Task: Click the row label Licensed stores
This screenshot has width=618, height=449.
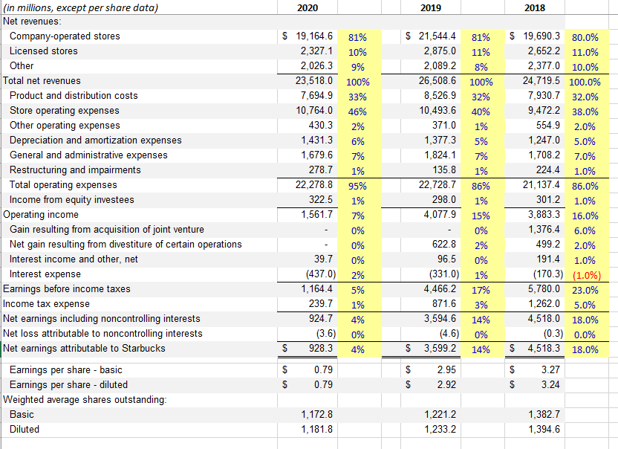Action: pos(43,51)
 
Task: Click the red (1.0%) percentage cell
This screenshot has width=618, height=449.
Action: pos(586,274)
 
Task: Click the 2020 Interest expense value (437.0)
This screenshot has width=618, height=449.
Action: pos(314,274)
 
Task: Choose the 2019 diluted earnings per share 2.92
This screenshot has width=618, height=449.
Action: pos(447,385)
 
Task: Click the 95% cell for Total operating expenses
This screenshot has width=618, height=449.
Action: pos(357,185)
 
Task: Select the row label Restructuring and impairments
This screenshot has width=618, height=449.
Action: pos(75,170)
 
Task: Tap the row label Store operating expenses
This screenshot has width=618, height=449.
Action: pos(64,111)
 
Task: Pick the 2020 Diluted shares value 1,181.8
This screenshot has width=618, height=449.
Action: pos(315,429)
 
